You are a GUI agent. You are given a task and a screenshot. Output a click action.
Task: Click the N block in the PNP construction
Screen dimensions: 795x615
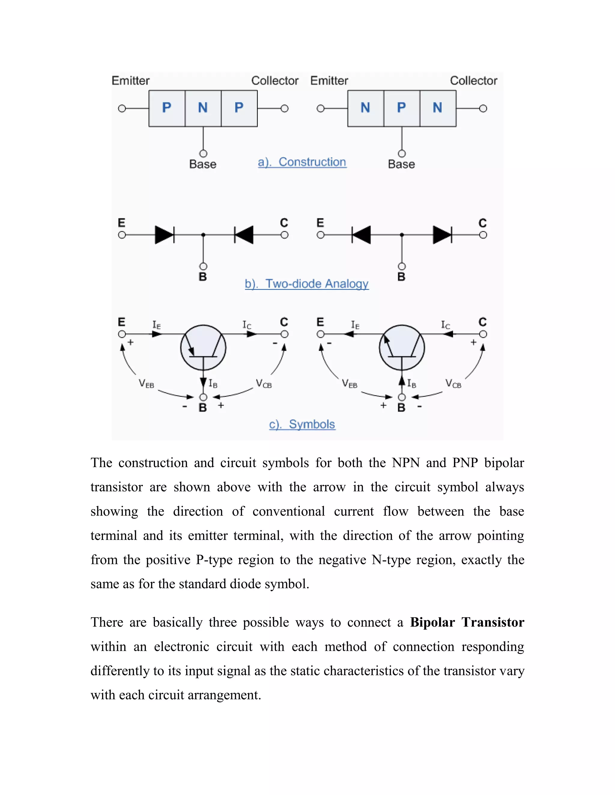pyautogui.click(x=203, y=108)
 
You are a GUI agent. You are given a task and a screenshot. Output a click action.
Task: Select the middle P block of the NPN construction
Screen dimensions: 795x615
pyautogui.click(x=401, y=108)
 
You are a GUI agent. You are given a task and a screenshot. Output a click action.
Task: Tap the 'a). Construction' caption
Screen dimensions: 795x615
pyautogui.click(x=302, y=162)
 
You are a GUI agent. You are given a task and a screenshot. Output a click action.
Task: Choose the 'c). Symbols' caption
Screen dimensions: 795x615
pyautogui.click(x=302, y=424)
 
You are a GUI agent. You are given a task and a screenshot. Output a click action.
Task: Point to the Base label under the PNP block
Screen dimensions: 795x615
pyautogui.click(x=203, y=164)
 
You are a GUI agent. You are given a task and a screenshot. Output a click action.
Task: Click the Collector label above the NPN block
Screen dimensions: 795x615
pyautogui.click(x=473, y=80)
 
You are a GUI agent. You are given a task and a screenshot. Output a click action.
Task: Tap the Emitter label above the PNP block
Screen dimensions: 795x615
pyautogui.click(x=130, y=80)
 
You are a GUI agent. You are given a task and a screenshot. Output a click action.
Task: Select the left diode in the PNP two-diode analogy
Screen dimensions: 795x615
pyautogui.click(x=165, y=235)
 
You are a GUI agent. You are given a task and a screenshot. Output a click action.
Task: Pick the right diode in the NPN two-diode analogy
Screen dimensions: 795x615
pyautogui.click(x=442, y=235)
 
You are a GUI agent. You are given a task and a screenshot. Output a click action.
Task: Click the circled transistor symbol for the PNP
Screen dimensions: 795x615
pyautogui.click(x=203, y=348)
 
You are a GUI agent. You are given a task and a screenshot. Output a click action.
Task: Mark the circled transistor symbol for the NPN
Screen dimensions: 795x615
pyautogui.click(x=402, y=348)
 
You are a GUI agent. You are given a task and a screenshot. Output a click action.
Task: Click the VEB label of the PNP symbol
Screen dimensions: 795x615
pyautogui.click(x=146, y=384)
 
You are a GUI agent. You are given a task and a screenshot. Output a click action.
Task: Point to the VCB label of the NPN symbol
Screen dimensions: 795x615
pyautogui.click(x=453, y=384)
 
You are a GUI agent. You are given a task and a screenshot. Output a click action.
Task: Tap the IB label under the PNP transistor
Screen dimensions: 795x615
pyautogui.click(x=213, y=383)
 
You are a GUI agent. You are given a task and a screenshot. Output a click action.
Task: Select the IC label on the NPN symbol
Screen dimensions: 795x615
pyautogui.click(x=445, y=325)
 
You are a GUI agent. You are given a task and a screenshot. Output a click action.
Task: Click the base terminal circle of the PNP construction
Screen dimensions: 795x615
pyautogui.click(x=203, y=154)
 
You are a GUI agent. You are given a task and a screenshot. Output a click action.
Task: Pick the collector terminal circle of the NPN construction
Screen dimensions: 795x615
pyautogui.click(x=483, y=109)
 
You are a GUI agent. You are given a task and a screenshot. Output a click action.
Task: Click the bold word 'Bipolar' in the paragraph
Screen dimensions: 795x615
pyautogui.click(x=432, y=622)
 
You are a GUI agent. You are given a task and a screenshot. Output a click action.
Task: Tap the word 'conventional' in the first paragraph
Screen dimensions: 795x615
pyautogui.click(x=288, y=511)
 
